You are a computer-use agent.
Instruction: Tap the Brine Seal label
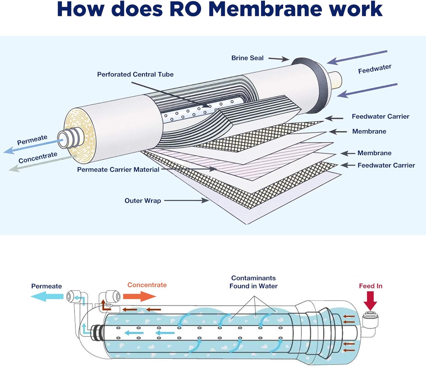pyautogui.click(x=247, y=58)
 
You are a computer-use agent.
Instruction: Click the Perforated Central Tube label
pyautogui.click(x=135, y=74)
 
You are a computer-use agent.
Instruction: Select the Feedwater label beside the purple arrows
pyautogui.click(x=374, y=69)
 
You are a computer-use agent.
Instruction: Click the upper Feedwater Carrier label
pyautogui.click(x=380, y=117)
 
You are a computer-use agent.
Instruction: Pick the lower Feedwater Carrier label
pyautogui.click(x=386, y=165)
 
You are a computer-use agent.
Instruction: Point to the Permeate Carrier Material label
pyautogui.click(x=118, y=170)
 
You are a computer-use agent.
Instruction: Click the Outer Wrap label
pyautogui.click(x=143, y=201)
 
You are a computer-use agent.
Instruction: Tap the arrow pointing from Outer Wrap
pyautogui.click(x=186, y=201)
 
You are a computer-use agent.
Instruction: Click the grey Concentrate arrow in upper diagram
pyautogui.click(x=37, y=163)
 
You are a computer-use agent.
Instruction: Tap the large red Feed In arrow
pyautogui.click(x=370, y=301)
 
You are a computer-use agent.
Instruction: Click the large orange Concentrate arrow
pyautogui.click(x=139, y=297)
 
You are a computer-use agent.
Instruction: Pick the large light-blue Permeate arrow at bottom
pyautogui.click(x=47, y=297)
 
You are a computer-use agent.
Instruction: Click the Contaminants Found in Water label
pyautogui.click(x=253, y=282)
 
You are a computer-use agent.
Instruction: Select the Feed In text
pyautogui.click(x=370, y=286)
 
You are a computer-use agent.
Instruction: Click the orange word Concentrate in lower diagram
pyautogui.click(x=147, y=285)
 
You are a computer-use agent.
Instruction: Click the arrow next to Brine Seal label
pyautogui.click(x=278, y=59)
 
